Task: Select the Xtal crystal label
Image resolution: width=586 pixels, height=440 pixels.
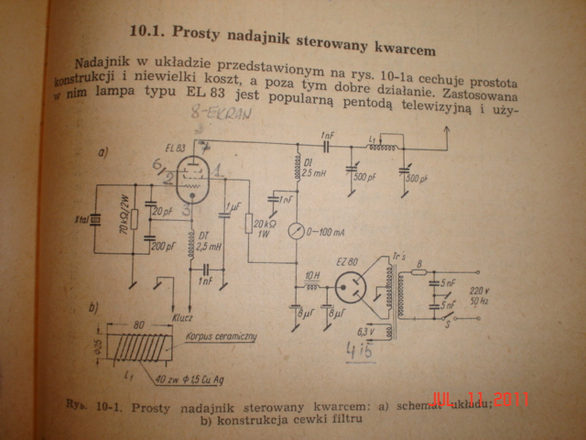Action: click(81, 221)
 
